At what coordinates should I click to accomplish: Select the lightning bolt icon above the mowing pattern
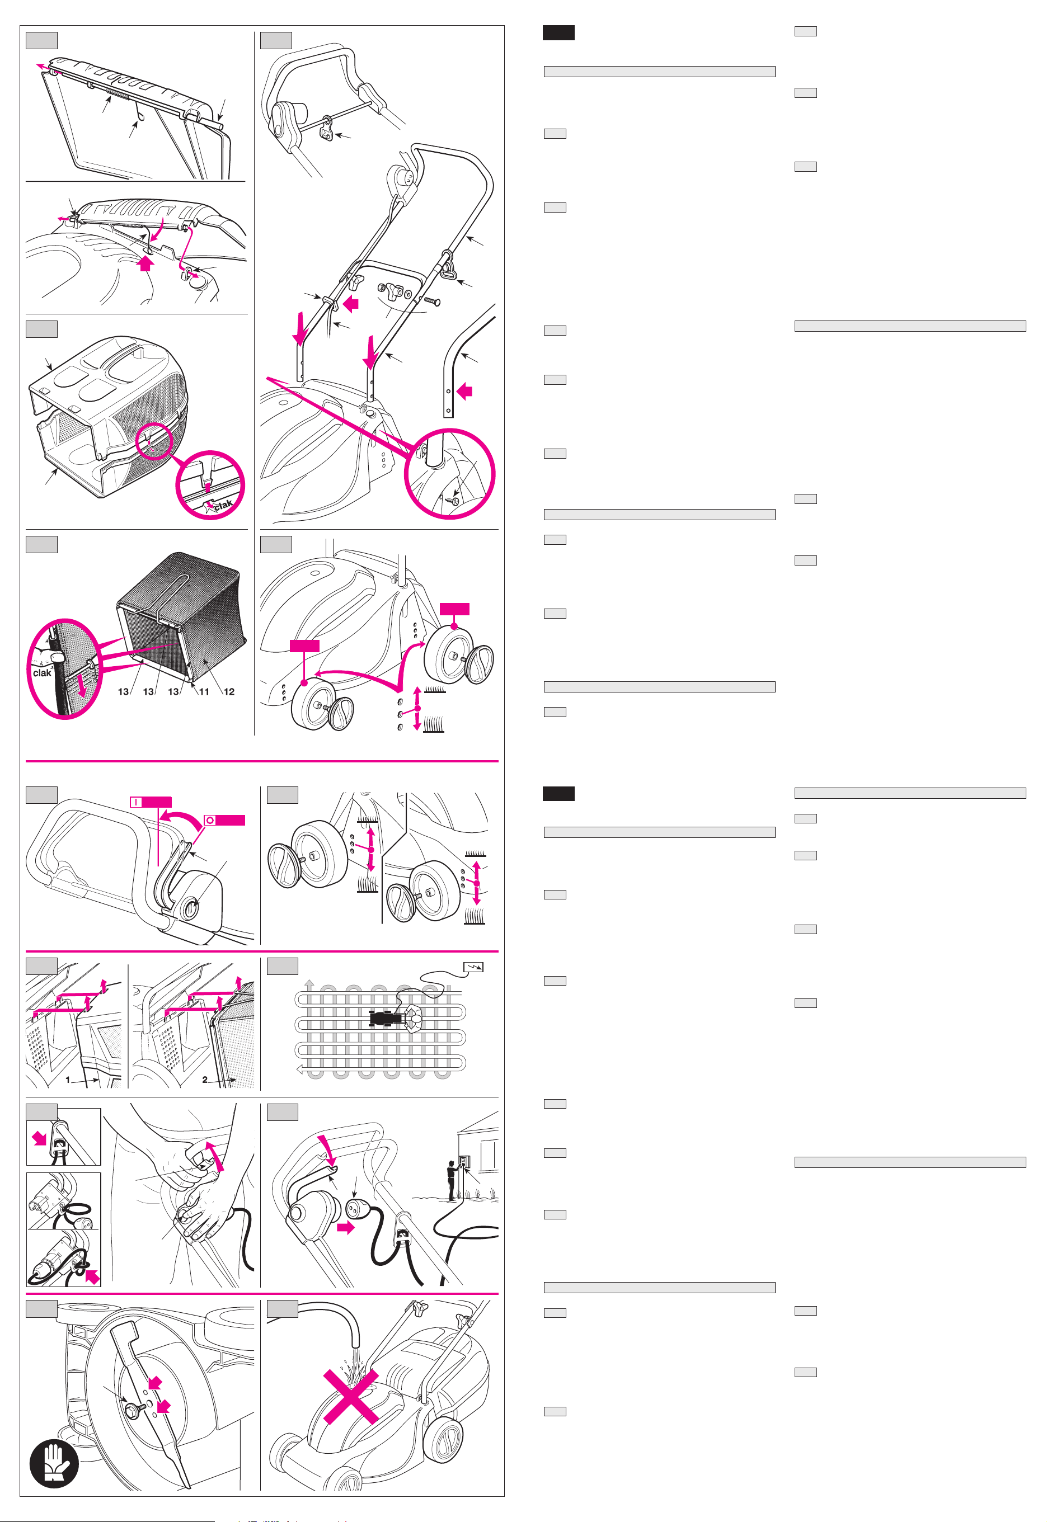pyautogui.click(x=473, y=967)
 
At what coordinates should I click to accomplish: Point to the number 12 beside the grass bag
pyautogui.click(x=229, y=691)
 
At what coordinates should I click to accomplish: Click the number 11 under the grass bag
pyautogui.click(x=204, y=691)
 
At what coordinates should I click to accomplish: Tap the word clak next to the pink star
pyautogui.click(x=223, y=505)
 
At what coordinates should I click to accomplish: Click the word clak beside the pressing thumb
pyautogui.click(x=42, y=673)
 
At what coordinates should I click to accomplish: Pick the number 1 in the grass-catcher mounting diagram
pyautogui.click(x=68, y=1080)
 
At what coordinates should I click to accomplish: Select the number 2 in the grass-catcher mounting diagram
pyautogui.click(x=205, y=1080)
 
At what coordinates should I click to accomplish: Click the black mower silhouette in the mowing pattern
pyautogui.click(x=382, y=1019)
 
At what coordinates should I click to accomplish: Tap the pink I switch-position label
pyautogui.click(x=151, y=802)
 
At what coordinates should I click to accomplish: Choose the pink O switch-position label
pyautogui.click(x=224, y=821)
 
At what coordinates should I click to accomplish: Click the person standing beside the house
pyautogui.click(x=452, y=1180)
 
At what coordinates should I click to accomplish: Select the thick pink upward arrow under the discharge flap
pyautogui.click(x=145, y=263)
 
